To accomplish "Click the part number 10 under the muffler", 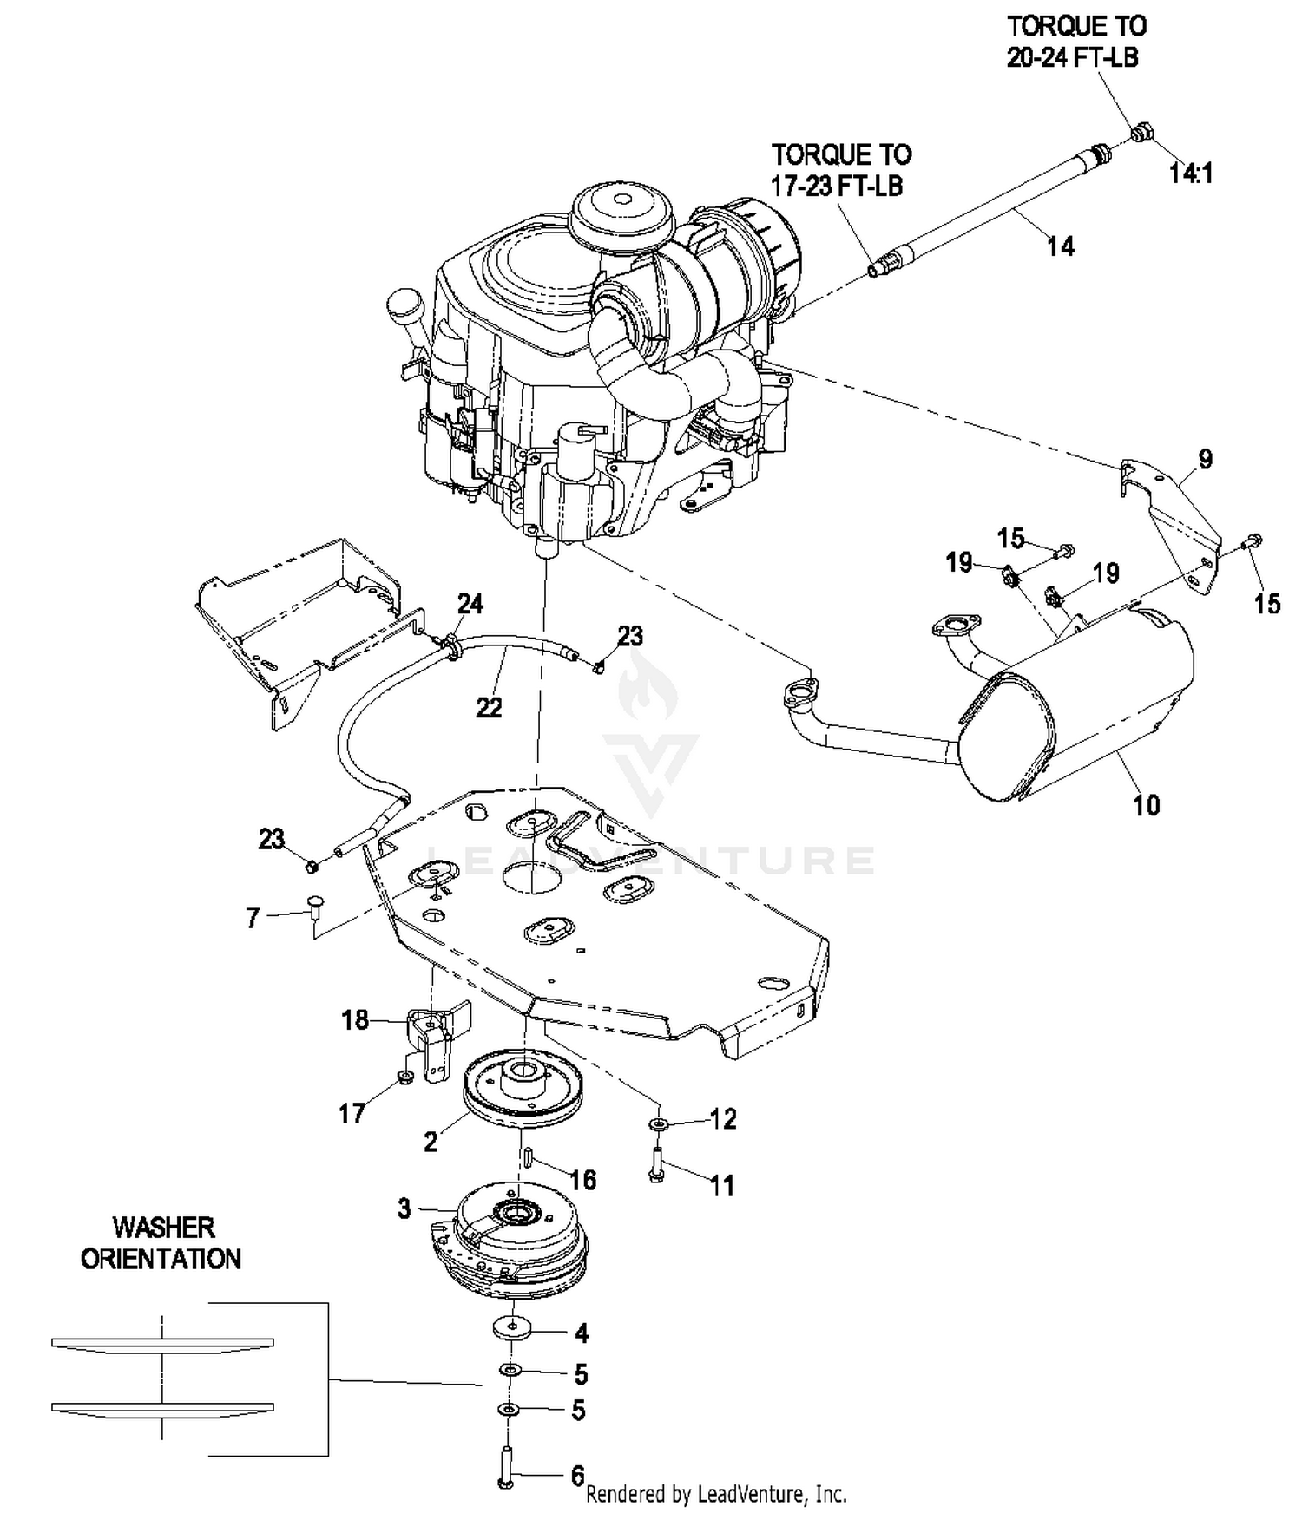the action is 1146,805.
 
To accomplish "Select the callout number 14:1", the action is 1191,174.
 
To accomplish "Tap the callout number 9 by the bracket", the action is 1206,459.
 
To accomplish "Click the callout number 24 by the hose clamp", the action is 470,604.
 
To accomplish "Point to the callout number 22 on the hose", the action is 490,708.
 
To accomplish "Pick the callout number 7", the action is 253,918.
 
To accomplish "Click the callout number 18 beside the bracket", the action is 355,1020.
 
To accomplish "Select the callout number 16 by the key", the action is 582,1180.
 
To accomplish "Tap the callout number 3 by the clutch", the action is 404,1208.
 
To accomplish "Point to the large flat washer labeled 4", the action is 515,1328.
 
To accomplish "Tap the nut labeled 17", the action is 404,1077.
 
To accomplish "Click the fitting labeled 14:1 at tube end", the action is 1142,133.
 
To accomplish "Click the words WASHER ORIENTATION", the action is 161,1243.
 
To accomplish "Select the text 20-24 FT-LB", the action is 1072,57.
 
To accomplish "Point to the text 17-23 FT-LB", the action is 837,186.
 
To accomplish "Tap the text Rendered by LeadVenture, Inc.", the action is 717,1494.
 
